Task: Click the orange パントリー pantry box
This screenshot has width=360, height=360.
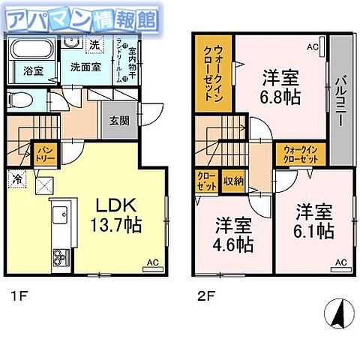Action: tap(44, 156)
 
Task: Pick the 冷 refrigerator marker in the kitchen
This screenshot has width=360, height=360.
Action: tap(16, 178)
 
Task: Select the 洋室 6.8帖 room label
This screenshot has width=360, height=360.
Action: tap(278, 85)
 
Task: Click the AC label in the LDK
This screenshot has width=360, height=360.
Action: tap(151, 262)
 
